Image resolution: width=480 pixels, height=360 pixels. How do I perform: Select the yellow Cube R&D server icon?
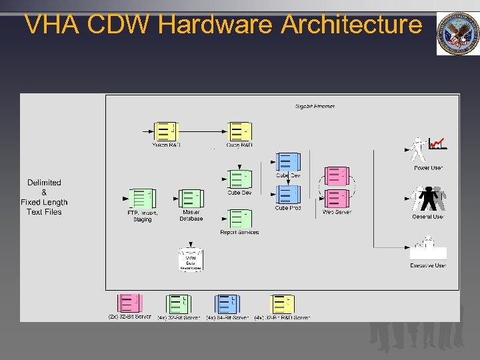(239, 131)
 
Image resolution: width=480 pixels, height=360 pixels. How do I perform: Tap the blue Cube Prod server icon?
(288, 195)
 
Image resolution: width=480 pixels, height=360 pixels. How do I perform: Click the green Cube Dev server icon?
(239, 179)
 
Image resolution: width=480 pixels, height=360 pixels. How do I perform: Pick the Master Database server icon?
(190, 199)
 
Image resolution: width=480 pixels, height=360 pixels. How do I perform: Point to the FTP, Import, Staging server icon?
(141, 199)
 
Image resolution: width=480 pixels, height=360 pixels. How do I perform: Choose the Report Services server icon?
(239, 219)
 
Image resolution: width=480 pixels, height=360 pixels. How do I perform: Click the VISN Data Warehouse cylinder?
(191, 259)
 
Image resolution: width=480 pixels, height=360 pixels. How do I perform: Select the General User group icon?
(427, 199)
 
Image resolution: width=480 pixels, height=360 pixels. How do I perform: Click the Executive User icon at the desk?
(427, 249)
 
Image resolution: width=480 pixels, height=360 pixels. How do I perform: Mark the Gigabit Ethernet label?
(315, 106)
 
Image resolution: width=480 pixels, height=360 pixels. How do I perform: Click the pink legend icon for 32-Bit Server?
(129, 303)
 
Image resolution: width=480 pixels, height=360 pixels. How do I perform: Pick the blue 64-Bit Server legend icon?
(227, 304)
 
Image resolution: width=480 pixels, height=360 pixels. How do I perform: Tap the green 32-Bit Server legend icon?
(178, 304)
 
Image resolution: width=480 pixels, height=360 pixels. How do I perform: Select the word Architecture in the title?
(351, 25)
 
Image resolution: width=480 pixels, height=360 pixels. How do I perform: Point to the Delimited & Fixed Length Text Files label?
(44, 197)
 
